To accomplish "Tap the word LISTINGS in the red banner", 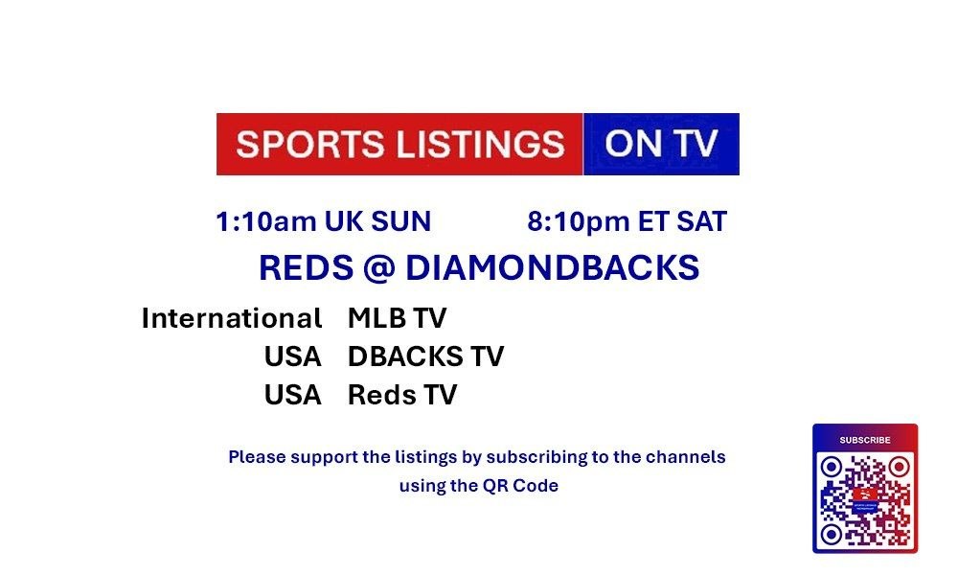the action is (x=481, y=144).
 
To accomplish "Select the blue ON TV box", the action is (x=661, y=144).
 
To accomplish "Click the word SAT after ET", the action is (x=701, y=221).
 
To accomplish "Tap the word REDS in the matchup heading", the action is (x=307, y=267).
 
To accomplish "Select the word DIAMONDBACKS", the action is (x=553, y=267).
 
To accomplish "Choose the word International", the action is (x=232, y=318).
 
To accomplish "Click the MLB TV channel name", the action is (x=398, y=318).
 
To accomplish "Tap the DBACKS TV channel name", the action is (x=426, y=356).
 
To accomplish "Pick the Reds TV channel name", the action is (x=402, y=395).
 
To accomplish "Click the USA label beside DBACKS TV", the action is (x=292, y=356).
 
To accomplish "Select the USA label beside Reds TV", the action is (x=292, y=395).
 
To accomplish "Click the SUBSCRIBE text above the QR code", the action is (x=865, y=440).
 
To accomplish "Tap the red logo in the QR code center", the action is (x=865, y=494).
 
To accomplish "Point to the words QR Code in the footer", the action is (x=520, y=486).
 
